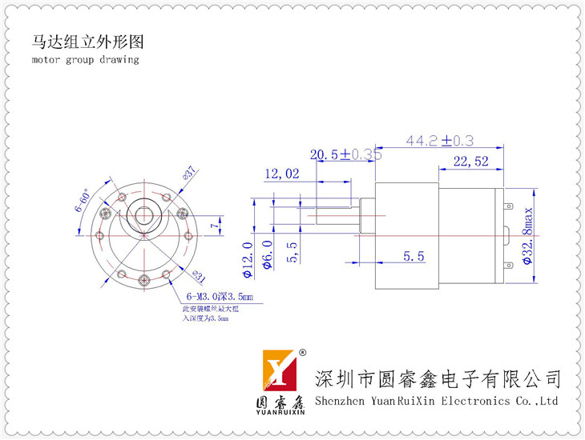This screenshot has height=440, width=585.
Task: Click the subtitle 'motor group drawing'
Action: pyautogui.click(x=86, y=60)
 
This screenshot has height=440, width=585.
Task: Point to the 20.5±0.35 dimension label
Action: pyautogui.click(x=345, y=154)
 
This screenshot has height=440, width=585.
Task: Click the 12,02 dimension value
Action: pyautogui.click(x=280, y=174)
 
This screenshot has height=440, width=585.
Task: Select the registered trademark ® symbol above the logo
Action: pyautogui.click(x=302, y=353)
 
